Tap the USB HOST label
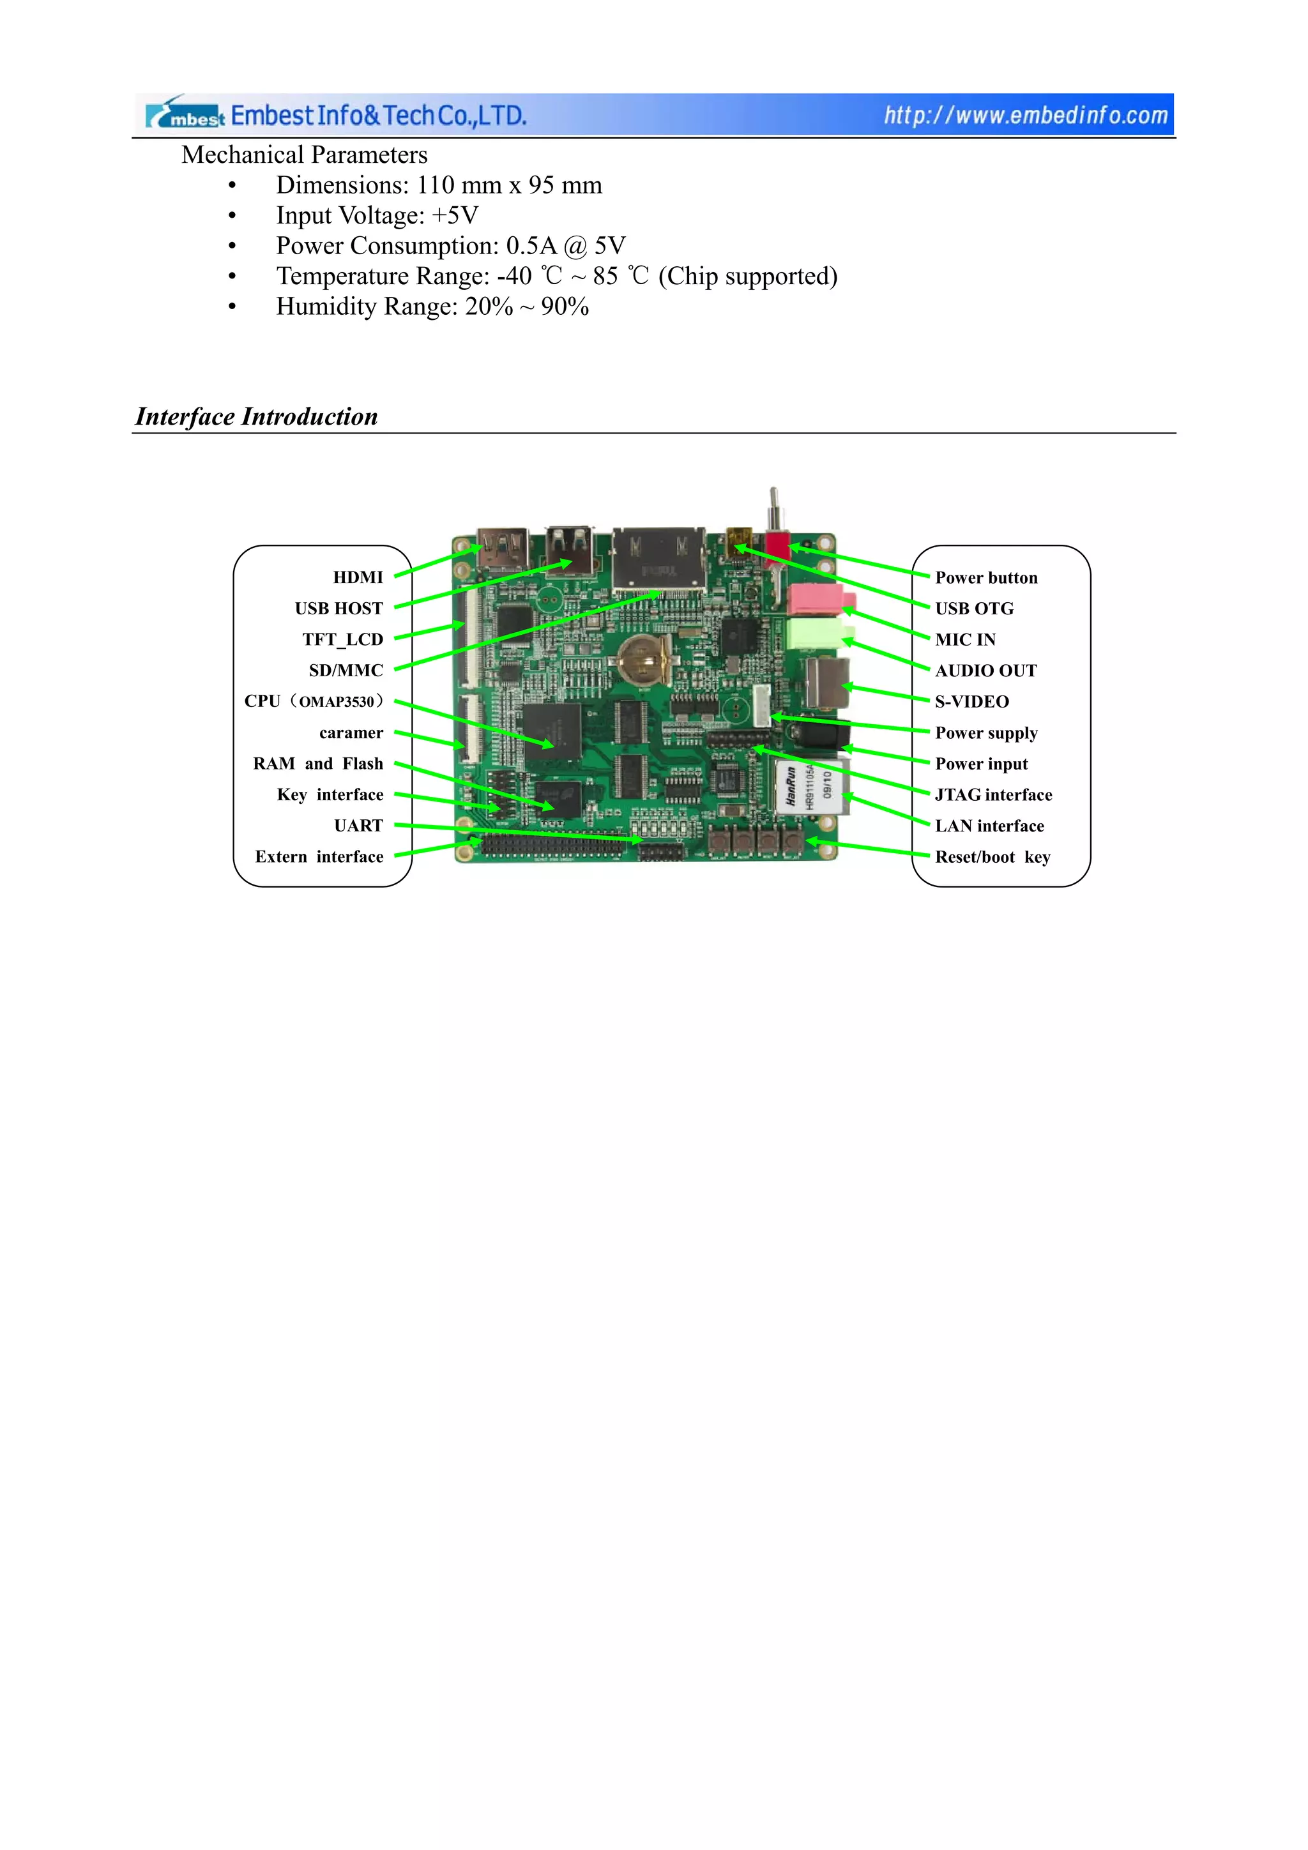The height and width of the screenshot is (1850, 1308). [x=338, y=609]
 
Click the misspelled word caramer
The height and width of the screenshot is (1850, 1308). [x=351, y=732]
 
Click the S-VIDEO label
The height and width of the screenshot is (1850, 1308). [x=971, y=702]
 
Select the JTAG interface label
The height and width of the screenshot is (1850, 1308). [x=993, y=794]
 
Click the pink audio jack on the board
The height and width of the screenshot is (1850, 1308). [x=817, y=598]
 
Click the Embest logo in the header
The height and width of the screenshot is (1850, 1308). [x=185, y=115]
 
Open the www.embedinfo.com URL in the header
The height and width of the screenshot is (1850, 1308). [x=1025, y=115]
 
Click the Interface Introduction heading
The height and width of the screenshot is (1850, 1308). [x=256, y=416]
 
